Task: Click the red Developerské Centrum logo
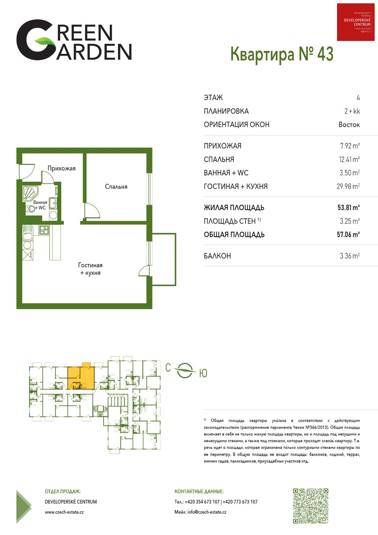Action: tap(356, 22)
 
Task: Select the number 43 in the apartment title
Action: tap(325, 54)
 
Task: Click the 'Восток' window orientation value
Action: tap(349, 125)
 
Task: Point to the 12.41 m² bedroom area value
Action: tap(349, 159)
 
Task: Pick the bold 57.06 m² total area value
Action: tap(349, 235)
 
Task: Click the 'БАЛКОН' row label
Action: tap(217, 256)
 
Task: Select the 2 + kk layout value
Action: tap(352, 111)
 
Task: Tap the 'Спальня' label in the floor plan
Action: tap(116, 186)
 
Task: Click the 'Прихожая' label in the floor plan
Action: tap(62, 169)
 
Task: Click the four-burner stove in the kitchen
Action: tap(44, 230)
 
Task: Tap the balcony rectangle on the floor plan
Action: tap(164, 259)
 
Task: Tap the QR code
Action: tap(311, 506)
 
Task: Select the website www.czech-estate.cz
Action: tap(64, 512)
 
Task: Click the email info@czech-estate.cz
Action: tap(200, 512)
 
